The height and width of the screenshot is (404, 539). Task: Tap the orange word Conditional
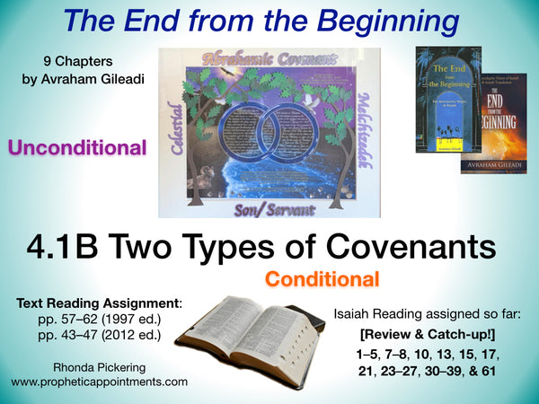(x=321, y=279)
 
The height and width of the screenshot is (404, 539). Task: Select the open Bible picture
(x=254, y=339)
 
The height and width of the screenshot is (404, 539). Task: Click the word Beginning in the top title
(x=377, y=21)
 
